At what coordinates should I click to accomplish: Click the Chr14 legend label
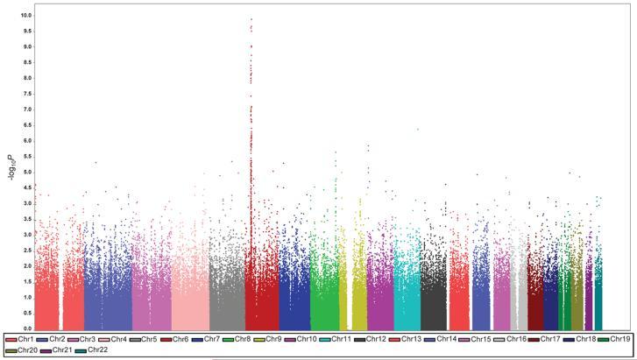pyautogui.click(x=445, y=338)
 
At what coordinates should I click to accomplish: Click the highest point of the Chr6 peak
pyautogui.click(x=251, y=19)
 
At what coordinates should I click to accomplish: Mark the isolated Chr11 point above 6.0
pyautogui.click(x=418, y=129)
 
